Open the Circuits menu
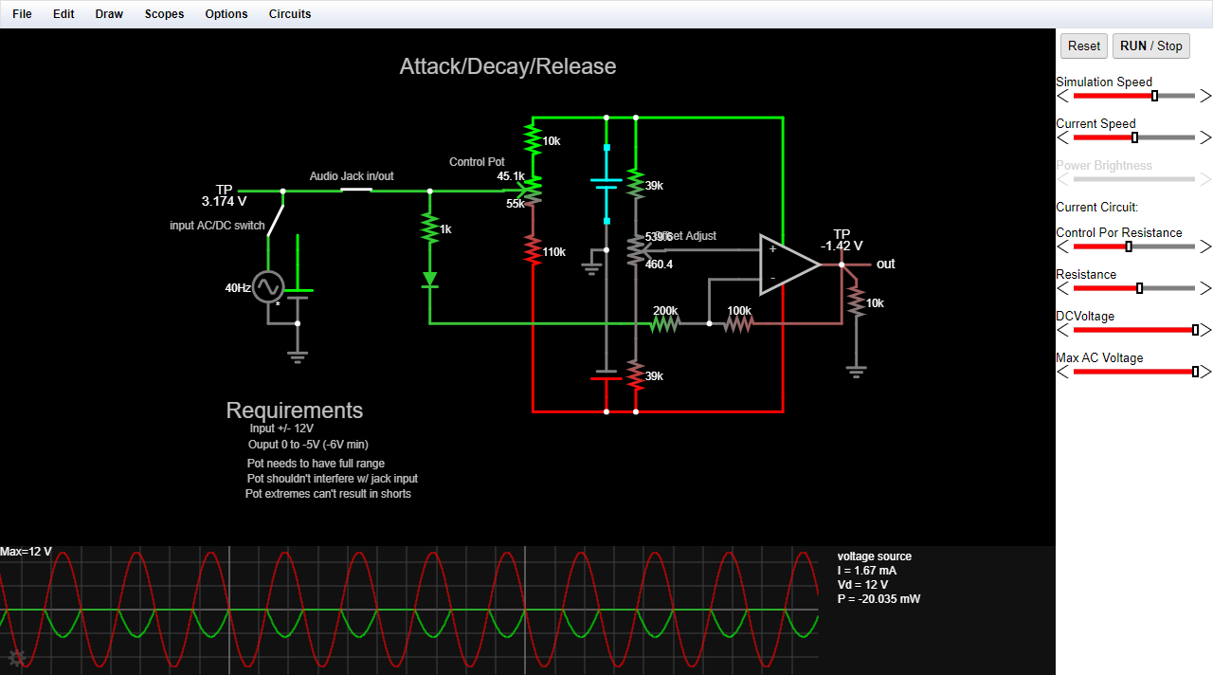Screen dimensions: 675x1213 click(x=289, y=14)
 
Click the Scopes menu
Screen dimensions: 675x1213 click(x=164, y=14)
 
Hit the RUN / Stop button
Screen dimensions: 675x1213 click(x=1150, y=46)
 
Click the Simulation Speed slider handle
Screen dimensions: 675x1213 click(x=1154, y=96)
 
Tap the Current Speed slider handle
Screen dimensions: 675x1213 click(x=1134, y=137)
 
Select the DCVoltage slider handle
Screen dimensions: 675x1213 click(x=1195, y=330)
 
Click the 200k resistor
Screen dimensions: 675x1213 click(x=665, y=323)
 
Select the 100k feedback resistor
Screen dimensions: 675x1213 click(x=738, y=323)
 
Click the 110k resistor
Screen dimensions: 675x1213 click(x=534, y=251)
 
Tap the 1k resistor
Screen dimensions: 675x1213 click(x=430, y=228)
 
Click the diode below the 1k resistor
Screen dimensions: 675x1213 click(x=430, y=280)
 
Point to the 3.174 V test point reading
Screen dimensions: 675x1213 click(x=224, y=201)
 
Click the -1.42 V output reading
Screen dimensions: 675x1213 click(x=842, y=246)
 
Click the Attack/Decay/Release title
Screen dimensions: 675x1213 click(x=508, y=66)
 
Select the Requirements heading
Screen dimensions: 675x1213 click(x=295, y=410)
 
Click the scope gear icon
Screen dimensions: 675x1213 click(x=16, y=658)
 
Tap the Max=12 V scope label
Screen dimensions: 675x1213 click(x=27, y=552)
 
